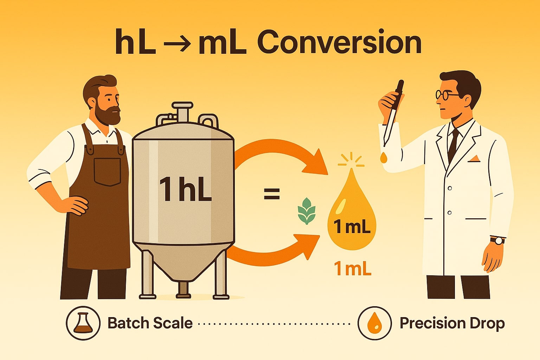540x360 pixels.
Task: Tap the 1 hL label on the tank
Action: [x=185, y=189]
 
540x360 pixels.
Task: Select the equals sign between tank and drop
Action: [x=271, y=194]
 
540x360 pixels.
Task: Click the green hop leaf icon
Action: [x=307, y=211]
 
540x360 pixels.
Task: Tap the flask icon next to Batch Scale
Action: [x=83, y=323]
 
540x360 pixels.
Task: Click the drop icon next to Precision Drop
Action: [x=374, y=323]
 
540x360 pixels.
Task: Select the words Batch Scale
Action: [x=150, y=323]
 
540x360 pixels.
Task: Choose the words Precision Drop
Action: [x=452, y=323]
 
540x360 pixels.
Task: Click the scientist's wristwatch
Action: [x=497, y=240]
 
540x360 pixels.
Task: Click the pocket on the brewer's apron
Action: [x=107, y=172]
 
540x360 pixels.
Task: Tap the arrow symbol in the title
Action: [x=178, y=44]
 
